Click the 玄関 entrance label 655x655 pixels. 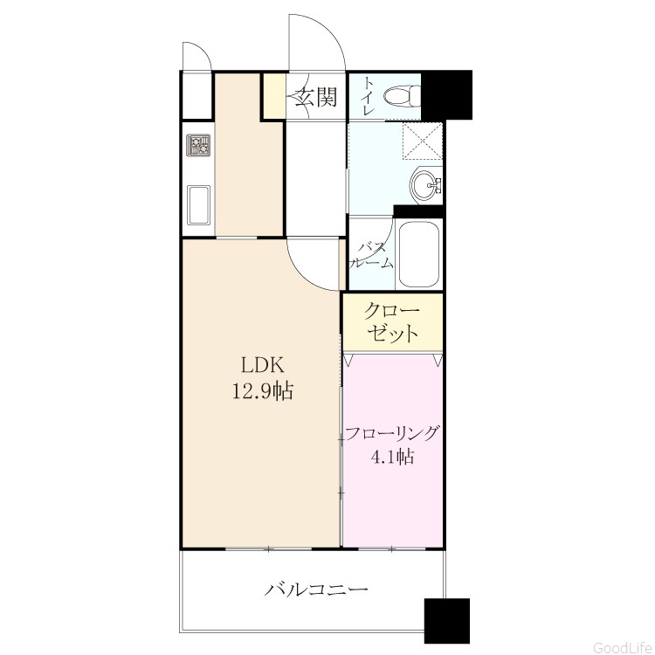pos(316,98)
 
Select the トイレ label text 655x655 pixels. pos(369,96)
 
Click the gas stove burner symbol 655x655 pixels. pos(199,145)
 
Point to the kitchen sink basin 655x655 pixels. pos(198,205)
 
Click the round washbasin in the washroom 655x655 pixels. pos(425,185)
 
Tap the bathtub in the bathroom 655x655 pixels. pos(418,254)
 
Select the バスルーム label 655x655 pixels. pos(371,255)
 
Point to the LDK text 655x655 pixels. pos(263,366)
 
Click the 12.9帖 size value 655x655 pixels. pos(263,391)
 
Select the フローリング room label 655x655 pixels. pos(392,434)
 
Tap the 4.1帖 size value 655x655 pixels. pos(392,456)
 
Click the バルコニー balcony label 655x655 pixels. pos(317,589)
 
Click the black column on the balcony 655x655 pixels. pos(446,621)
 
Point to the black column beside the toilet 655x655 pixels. pos(446,95)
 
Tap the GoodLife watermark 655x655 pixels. pos(623,647)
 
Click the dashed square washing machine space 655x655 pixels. pos(423,141)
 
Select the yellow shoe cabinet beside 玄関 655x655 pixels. pos(273,96)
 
